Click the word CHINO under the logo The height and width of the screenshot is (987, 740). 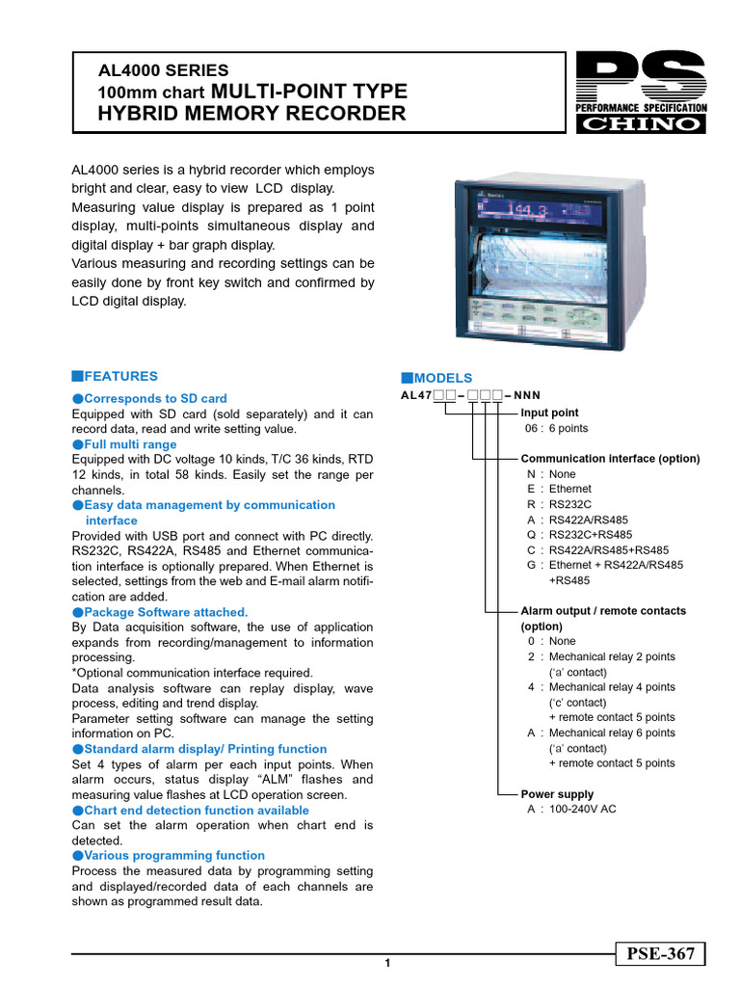pyautogui.click(x=640, y=124)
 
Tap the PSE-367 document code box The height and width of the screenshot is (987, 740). pyautogui.click(x=661, y=954)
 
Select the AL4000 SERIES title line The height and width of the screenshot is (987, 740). pyautogui.click(x=164, y=70)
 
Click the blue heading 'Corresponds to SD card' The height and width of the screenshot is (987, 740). pyautogui.click(x=155, y=398)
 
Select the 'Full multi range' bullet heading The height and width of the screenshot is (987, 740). pyautogui.click(x=130, y=444)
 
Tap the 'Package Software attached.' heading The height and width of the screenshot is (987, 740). pyautogui.click(x=166, y=612)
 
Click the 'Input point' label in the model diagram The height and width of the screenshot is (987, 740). pyautogui.click(x=549, y=413)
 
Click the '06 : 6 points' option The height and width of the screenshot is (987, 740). pyautogui.click(x=556, y=428)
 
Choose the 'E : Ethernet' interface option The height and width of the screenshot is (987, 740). pyautogui.click(x=560, y=489)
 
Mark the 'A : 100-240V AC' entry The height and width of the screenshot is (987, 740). pyautogui.click(x=571, y=810)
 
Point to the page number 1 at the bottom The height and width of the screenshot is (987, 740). pyautogui.click(x=386, y=963)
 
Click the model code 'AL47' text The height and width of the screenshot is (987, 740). pyautogui.click(x=416, y=395)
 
